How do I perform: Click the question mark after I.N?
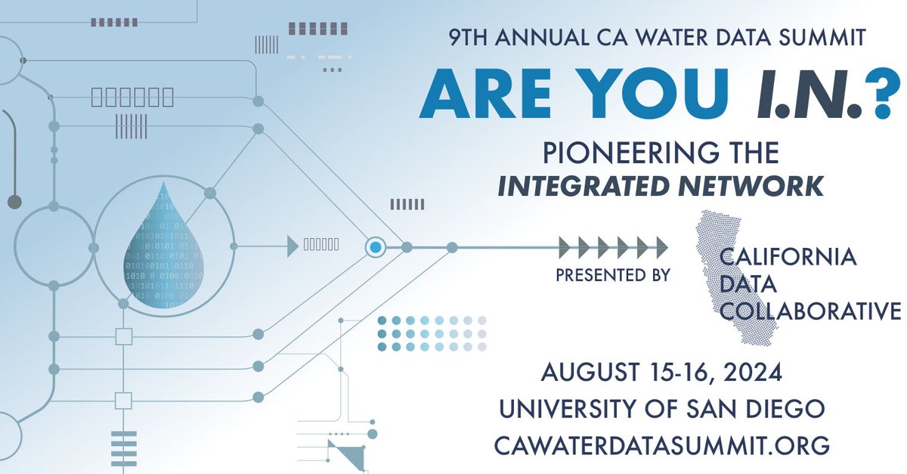[x=878, y=96]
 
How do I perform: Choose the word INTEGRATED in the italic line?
[x=583, y=186]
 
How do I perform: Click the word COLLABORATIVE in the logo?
[x=809, y=311]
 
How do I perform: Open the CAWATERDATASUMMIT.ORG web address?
[x=661, y=445]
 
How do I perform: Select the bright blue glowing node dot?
[x=376, y=246]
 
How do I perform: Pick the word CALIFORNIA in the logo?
[x=788, y=257]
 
